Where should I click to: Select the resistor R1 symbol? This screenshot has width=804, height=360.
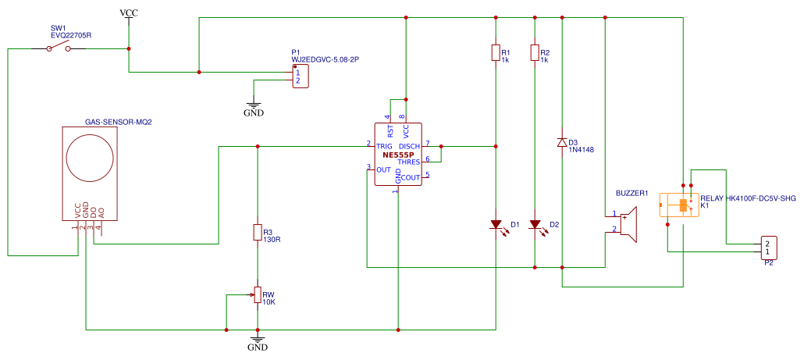[495, 52]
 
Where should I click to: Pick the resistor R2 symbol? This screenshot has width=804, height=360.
[534, 52]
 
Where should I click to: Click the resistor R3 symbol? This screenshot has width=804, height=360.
[257, 232]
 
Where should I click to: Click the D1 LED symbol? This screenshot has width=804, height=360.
[496, 225]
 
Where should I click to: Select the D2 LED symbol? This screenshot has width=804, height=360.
[535, 225]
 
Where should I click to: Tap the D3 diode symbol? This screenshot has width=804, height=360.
[562, 142]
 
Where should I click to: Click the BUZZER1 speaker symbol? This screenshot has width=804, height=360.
[629, 223]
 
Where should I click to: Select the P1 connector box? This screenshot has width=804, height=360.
[300, 77]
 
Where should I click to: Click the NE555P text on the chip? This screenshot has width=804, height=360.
[397, 155]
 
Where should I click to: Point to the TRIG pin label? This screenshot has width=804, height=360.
[384, 146]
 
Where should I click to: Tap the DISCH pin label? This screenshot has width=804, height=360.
[409, 146]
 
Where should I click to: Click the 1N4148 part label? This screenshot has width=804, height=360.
[582, 150]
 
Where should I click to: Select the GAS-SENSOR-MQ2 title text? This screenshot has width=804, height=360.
[118, 122]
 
